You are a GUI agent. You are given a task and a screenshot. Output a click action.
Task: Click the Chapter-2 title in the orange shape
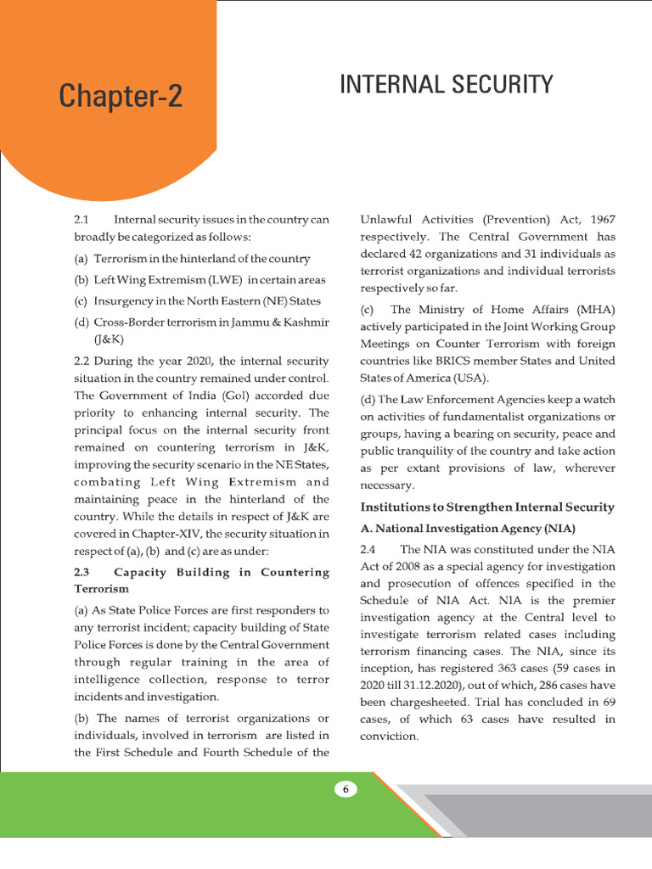121,97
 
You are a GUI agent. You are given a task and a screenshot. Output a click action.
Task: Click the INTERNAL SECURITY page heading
447,85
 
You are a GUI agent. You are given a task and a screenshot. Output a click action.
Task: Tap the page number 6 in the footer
346,789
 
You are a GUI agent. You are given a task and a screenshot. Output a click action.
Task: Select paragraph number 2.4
369,550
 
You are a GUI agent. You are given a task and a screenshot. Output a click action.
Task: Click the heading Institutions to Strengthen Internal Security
486,507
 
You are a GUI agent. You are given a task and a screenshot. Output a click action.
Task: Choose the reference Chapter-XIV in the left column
160,533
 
